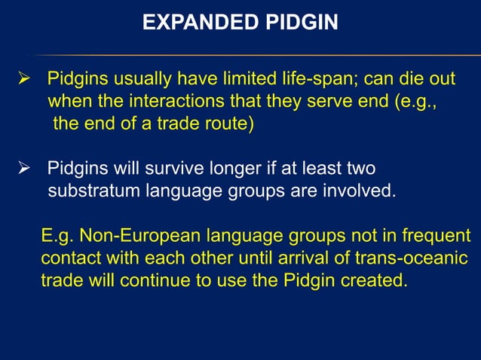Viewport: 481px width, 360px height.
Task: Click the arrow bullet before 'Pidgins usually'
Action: (23, 81)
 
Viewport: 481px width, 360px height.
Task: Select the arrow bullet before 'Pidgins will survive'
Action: (23, 168)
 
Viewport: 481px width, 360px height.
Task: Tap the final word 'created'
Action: (377, 282)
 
